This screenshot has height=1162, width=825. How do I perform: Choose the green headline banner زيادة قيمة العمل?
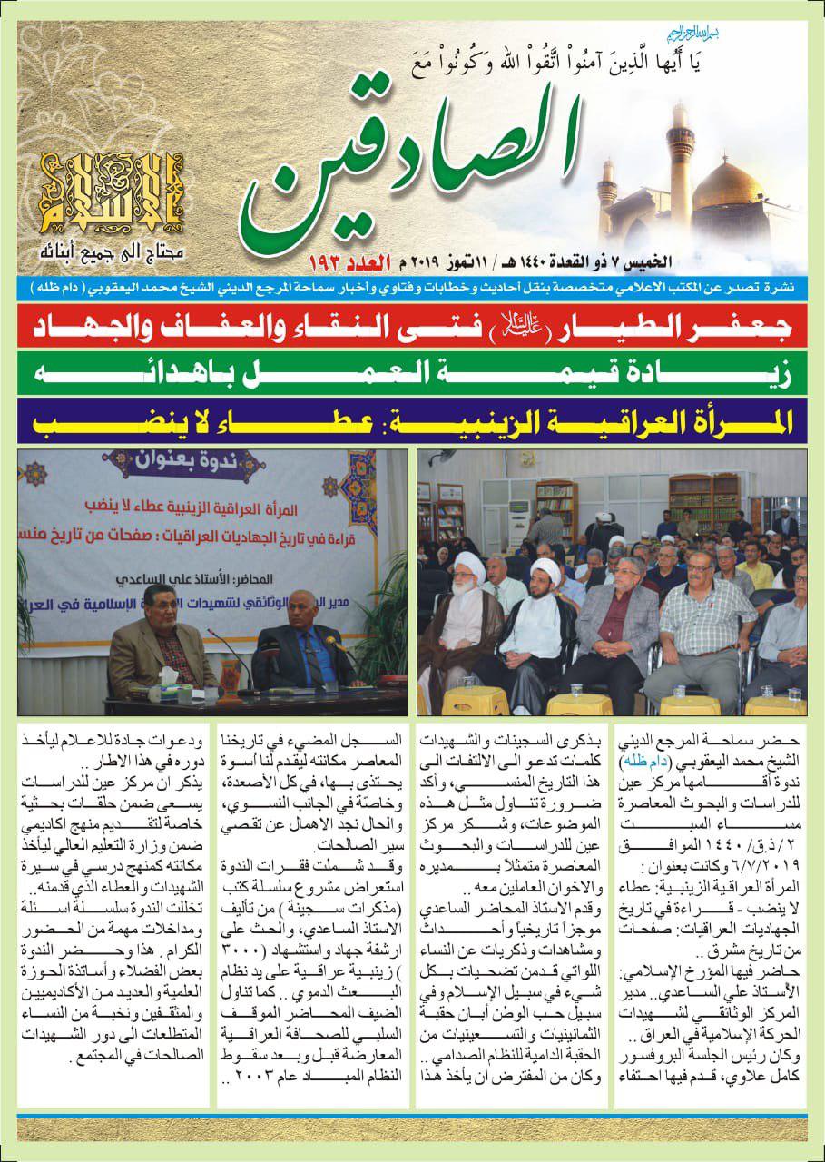(x=412, y=373)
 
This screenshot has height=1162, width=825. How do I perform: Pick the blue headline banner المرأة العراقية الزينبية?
(x=412, y=419)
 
